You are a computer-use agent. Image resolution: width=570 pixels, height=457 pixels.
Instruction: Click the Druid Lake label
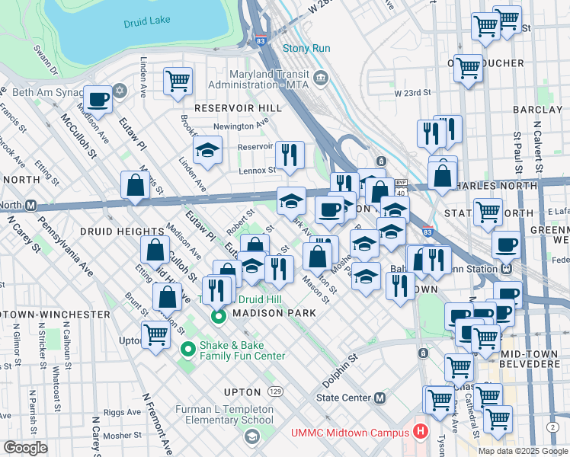[x=147, y=23]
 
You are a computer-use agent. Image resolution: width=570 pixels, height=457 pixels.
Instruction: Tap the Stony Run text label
[x=306, y=48]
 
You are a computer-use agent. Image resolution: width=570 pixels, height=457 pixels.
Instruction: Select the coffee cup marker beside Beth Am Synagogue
[x=98, y=98]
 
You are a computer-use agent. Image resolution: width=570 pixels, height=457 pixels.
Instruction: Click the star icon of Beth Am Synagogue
[x=118, y=92]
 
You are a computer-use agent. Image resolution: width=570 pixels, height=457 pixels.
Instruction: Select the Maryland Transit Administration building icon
[x=320, y=77]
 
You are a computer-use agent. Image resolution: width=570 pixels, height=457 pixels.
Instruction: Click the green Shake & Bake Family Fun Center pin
[x=187, y=350]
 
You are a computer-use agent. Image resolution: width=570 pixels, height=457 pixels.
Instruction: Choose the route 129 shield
[x=275, y=391]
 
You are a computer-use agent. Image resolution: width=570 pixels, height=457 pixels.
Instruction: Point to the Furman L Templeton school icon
[x=251, y=436]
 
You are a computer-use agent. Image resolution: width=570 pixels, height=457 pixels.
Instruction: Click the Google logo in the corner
[x=25, y=448]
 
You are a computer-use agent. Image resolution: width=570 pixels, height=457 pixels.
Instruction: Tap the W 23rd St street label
[x=412, y=93]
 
